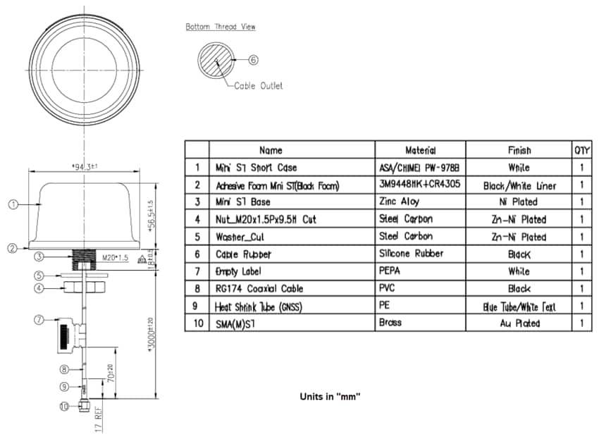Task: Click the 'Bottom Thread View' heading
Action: click(x=221, y=27)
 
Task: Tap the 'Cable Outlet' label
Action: click(x=258, y=86)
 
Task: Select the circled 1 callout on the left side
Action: click(x=12, y=205)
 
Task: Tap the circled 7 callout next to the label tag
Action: click(x=39, y=321)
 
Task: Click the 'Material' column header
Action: click(x=420, y=150)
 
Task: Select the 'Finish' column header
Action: click(x=519, y=150)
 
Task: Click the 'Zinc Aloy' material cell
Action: click(x=400, y=202)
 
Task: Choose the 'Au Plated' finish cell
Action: click(x=519, y=323)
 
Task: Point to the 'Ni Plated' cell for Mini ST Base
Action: click(x=519, y=202)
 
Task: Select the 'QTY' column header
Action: click(x=582, y=150)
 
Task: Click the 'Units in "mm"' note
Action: click(x=330, y=397)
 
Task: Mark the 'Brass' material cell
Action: click(x=390, y=323)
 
